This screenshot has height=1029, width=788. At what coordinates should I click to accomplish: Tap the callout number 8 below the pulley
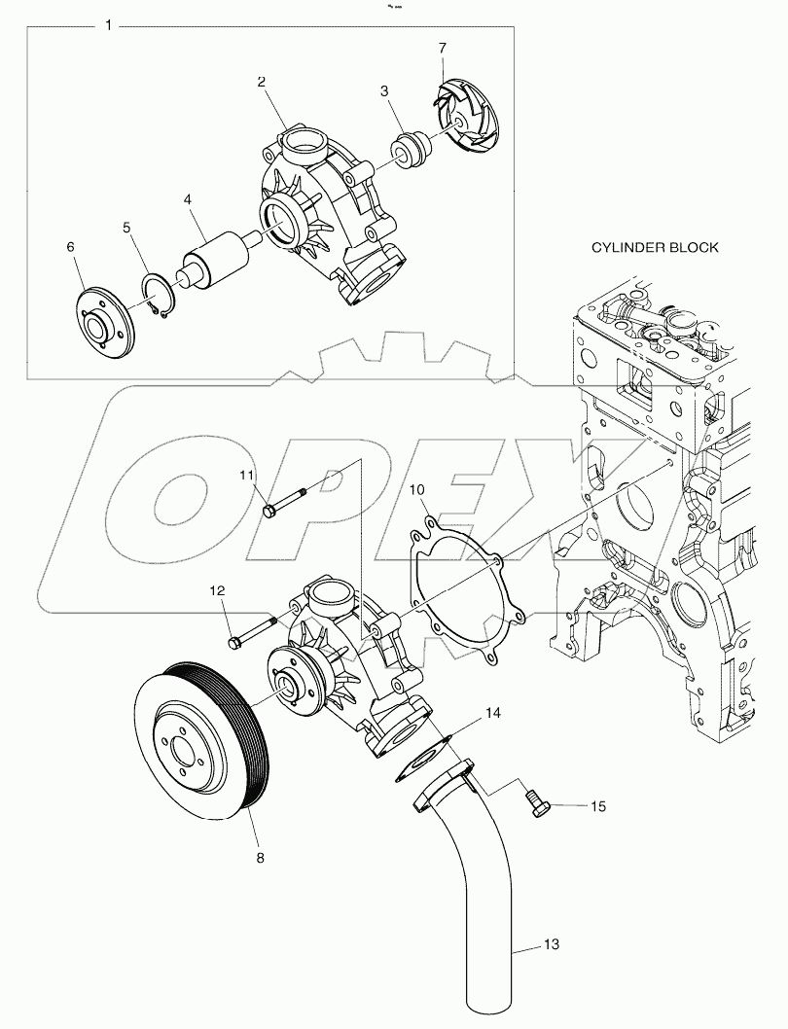260,857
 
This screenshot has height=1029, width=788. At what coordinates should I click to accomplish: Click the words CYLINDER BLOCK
655,247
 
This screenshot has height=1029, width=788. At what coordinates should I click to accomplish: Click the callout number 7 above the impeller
442,48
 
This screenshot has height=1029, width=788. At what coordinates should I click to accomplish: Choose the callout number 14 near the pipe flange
493,713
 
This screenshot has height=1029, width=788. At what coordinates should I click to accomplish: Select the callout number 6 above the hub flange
70,247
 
